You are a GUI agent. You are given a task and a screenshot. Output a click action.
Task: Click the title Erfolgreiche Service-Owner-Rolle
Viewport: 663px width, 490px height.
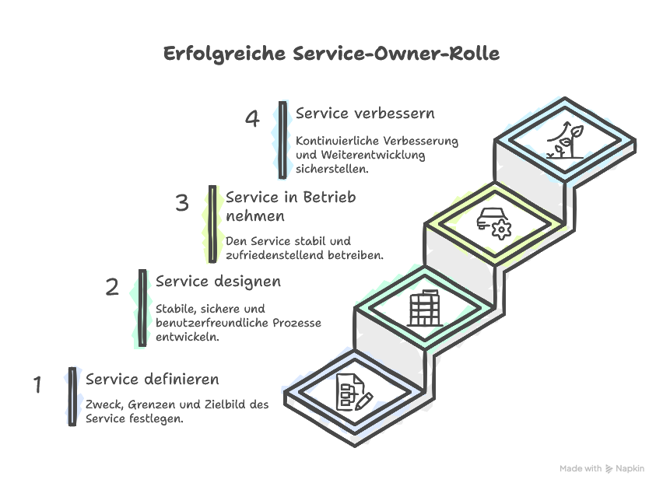pyautogui.click(x=331, y=54)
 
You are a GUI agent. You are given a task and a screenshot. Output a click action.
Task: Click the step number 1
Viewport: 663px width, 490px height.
pyautogui.click(x=37, y=384)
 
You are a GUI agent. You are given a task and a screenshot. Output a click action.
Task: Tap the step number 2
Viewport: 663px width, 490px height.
pyautogui.click(x=112, y=288)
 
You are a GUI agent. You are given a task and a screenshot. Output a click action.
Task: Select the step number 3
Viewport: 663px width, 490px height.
pyautogui.click(x=182, y=204)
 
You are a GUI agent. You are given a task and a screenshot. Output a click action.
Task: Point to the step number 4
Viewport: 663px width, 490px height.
pyautogui.click(x=252, y=119)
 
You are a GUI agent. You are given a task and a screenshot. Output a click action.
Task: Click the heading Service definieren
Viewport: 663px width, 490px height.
pyautogui.click(x=153, y=380)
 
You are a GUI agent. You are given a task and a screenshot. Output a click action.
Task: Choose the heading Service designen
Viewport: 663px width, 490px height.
pyautogui.click(x=219, y=281)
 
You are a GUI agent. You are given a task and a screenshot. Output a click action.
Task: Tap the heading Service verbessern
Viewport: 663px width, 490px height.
pyautogui.click(x=365, y=113)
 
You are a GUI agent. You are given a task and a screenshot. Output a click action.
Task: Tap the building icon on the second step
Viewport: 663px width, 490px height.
pyautogui.click(x=424, y=309)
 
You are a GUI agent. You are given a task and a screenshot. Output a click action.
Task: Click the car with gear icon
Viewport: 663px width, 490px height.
pyautogui.click(x=494, y=222)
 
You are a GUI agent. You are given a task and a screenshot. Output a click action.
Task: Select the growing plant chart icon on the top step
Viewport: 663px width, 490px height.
pyautogui.click(x=566, y=140)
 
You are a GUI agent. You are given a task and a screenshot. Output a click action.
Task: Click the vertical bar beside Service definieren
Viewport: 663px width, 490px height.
pyautogui.click(x=72, y=396)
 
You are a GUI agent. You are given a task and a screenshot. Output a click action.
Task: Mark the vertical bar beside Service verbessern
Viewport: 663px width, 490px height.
pyautogui.click(x=282, y=139)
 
